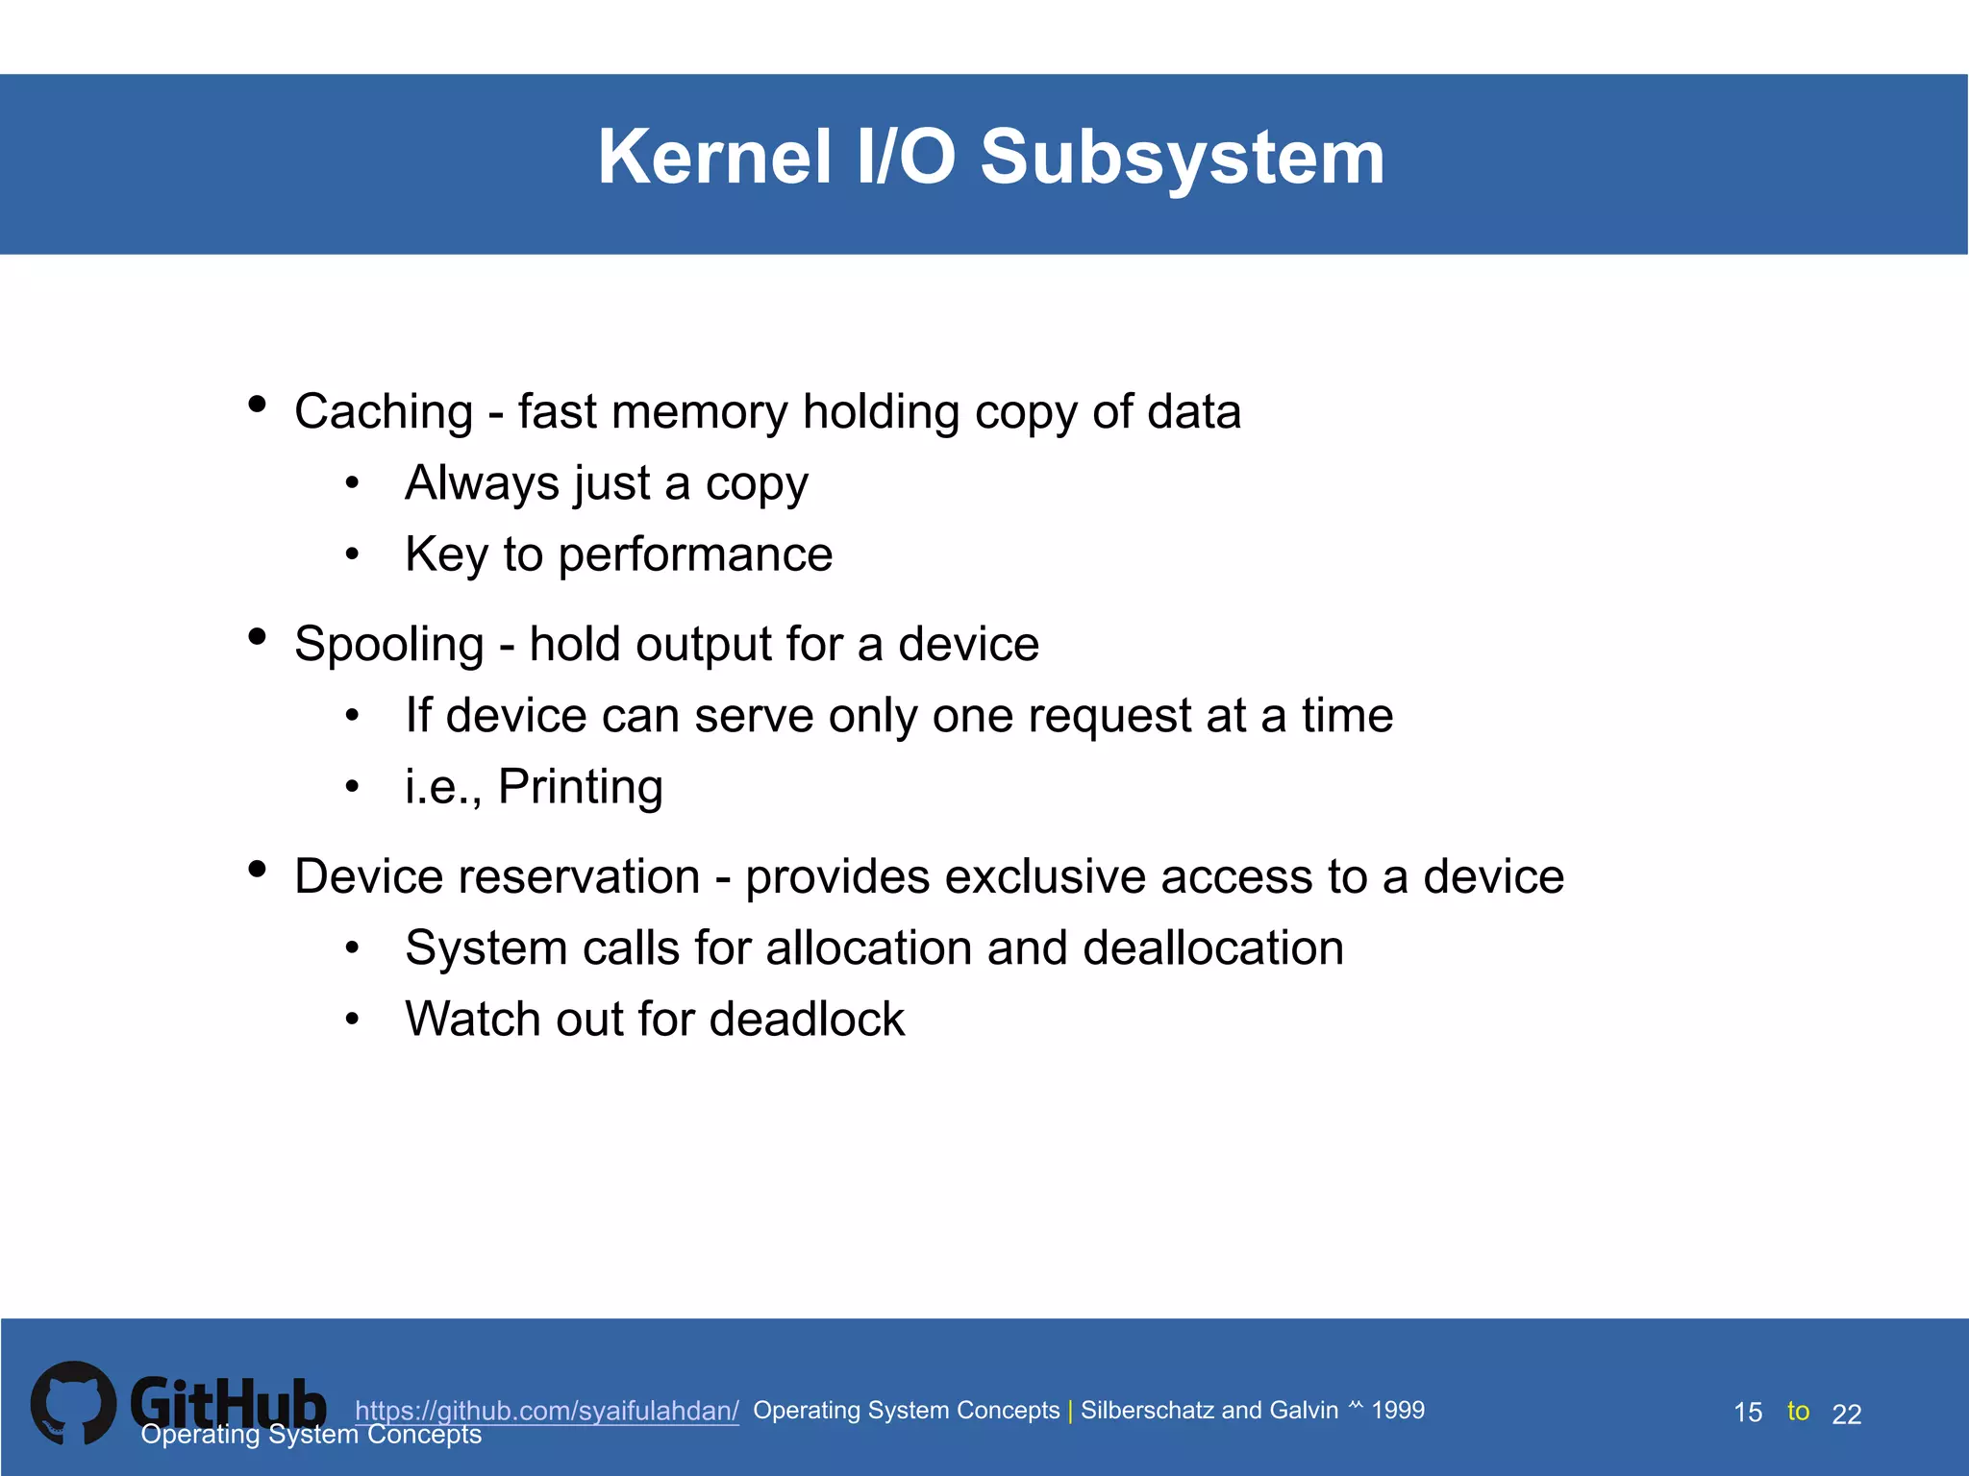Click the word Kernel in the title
point(714,158)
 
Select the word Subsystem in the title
point(1182,158)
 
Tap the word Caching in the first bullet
point(384,412)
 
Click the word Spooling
point(388,645)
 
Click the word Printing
point(580,788)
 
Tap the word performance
point(695,554)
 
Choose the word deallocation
point(1212,948)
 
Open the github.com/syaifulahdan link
point(546,1411)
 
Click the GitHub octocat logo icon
point(73,1403)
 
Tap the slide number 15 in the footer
point(1748,1413)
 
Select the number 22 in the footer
point(1847,1414)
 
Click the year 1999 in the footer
point(1398,1411)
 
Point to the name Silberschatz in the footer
point(1148,1411)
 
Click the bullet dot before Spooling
point(257,636)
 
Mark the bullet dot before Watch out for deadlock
point(353,1020)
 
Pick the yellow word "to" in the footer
point(1798,1411)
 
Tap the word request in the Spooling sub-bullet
point(1109,717)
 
